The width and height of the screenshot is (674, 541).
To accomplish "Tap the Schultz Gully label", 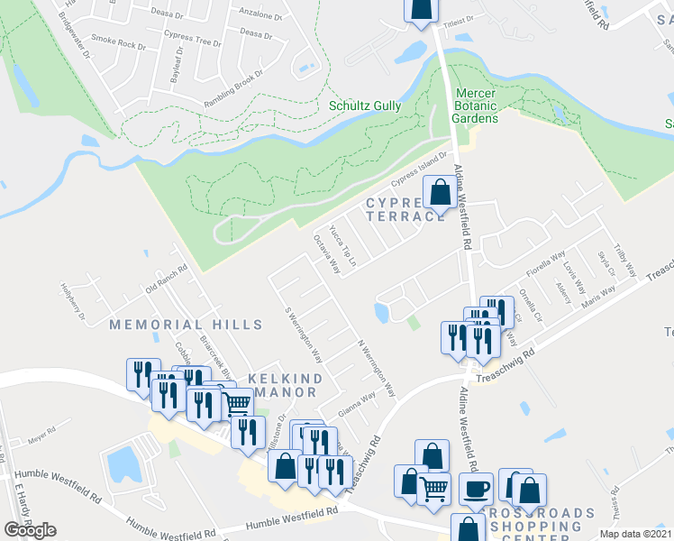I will tap(365, 105).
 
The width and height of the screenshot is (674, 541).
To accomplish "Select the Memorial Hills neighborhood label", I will tap(185, 325).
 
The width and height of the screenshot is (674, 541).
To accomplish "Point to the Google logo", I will tap(30, 529).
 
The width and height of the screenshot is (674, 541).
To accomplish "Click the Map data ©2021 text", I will tap(636, 533).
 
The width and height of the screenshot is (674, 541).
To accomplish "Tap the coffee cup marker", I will tap(475, 490).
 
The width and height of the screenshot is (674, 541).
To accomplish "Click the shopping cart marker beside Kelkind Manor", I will tap(236, 402).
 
